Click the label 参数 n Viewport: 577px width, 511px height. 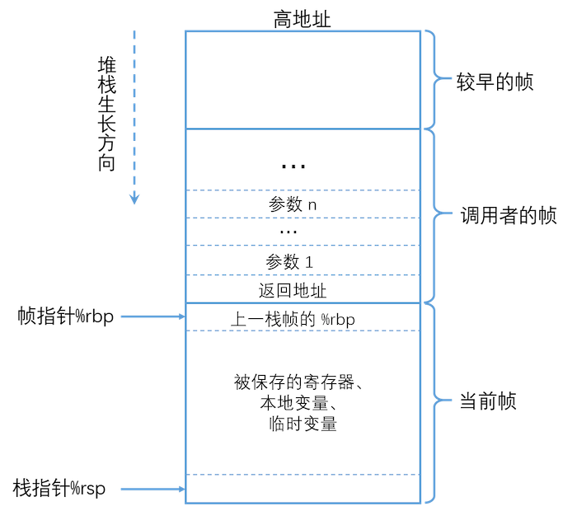[293, 204]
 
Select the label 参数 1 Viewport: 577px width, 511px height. [289, 261]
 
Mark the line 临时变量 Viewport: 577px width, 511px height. [302, 425]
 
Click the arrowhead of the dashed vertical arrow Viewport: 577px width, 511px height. [134, 199]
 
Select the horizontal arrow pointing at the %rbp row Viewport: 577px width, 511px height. [153, 316]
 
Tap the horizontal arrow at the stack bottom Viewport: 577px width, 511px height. [153, 490]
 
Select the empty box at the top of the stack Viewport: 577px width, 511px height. [302, 80]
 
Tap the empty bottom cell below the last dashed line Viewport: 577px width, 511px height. [302, 488]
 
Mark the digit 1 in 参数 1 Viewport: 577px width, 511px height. [309, 261]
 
